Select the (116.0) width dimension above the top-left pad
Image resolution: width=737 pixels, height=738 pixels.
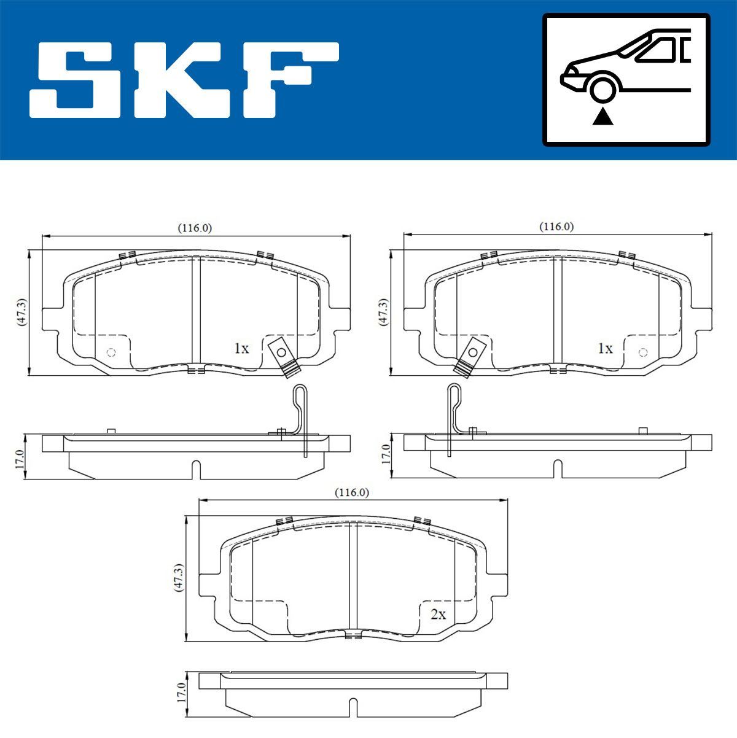coord(195,228)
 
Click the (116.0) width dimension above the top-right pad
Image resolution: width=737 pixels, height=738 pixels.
coord(556,227)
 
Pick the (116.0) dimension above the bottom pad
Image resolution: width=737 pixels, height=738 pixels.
coord(351,492)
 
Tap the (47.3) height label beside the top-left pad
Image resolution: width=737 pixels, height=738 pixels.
coord(22,313)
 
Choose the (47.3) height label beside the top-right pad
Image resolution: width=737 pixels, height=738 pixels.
coord(383,313)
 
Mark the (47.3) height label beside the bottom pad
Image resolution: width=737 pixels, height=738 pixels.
coord(179,578)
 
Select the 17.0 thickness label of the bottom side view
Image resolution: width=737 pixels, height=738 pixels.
coord(181,692)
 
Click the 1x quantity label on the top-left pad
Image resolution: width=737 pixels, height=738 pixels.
coord(241,349)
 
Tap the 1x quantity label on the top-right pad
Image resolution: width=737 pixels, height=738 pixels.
coord(605,349)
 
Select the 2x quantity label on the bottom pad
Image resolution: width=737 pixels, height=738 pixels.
coord(438,615)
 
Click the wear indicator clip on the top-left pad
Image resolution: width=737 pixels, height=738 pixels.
coord(282,354)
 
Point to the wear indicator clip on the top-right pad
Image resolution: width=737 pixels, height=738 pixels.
coord(472,354)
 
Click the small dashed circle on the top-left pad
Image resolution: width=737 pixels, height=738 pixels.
coord(111,352)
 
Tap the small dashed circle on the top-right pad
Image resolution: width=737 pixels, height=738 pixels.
coord(642,352)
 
